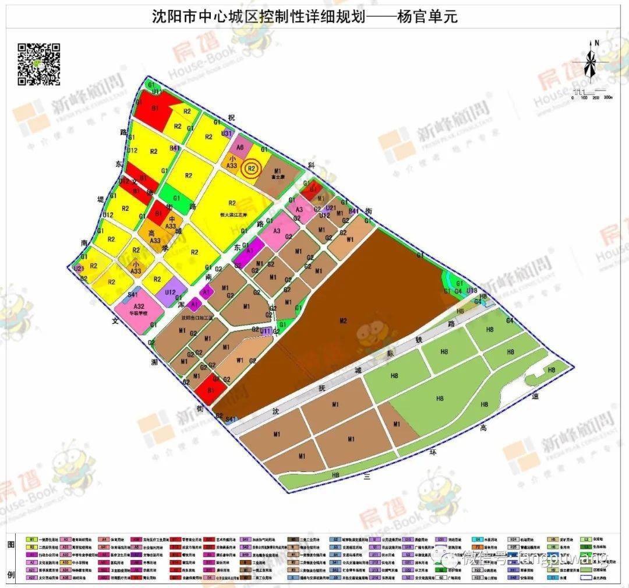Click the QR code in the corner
pyautogui.click(x=39, y=64)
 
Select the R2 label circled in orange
pyautogui.click(x=252, y=168)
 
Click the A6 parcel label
pyautogui.click(x=240, y=147)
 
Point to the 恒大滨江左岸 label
pyautogui.click(x=232, y=213)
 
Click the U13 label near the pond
pyautogui.click(x=472, y=290)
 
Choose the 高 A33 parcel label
pyautogui.click(x=155, y=236)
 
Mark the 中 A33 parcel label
pyautogui.click(x=171, y=223)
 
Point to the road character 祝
pyautogui.click(x=231, y=118)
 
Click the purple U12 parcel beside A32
pyautogui.click(x=171, y=293)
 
